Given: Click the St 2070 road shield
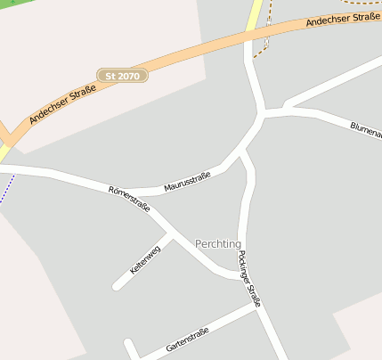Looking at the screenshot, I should click(123, 77).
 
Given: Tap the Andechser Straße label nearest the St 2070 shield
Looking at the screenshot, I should click(62, 102).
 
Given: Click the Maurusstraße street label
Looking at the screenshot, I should click(187, 183).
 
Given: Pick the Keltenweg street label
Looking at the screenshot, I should click(145, 258).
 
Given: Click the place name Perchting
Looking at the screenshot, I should click(218, 244).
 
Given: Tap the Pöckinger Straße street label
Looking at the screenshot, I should click(250, 279).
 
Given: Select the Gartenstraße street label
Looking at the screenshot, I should click(187, 340).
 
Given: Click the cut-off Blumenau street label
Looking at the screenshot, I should click(366, 131).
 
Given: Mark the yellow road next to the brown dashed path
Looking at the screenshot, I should click(255, 12).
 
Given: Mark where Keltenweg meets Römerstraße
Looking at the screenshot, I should click(169, 234).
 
